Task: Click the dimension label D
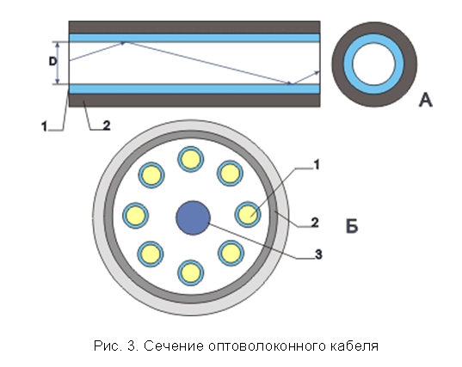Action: pos(52,62)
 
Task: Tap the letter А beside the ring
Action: pos(426,100)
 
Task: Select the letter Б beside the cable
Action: pos(352,226)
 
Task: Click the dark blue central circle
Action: pos(193,217)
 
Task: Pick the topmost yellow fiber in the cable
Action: pos(191,159)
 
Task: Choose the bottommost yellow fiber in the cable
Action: pos(191,272)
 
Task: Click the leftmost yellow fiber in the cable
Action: pos(136,216)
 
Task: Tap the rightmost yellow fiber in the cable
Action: pos(248,214)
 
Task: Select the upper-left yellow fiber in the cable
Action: pos(151,175)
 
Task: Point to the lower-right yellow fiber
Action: pos(231,253)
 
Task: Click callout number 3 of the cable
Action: pos(318,254)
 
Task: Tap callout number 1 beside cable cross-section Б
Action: pos(317,165)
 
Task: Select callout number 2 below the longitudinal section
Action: pos(107,125)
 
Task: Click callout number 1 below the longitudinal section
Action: pos(44,126)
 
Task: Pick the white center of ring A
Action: pos(374,64)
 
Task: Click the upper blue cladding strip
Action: pos(194,38)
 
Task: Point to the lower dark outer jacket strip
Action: pos(194,100)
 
